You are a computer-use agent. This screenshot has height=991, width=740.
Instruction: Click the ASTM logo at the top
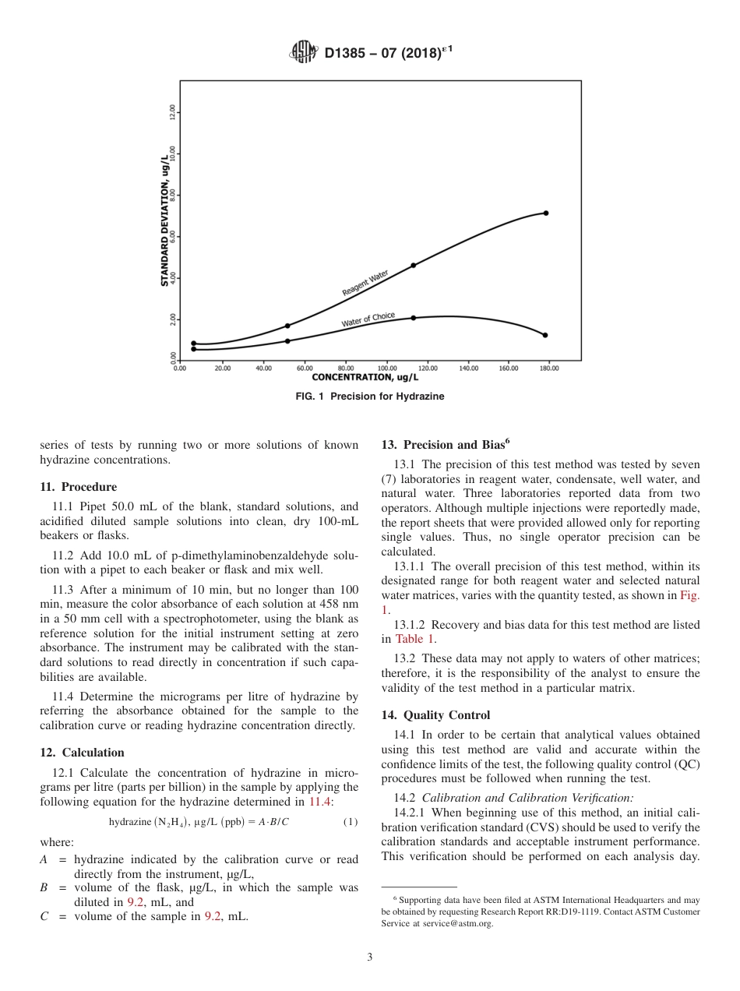pyautogui.click(x=304, y=52)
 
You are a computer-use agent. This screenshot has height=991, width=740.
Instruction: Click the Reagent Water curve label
pyautogui.click(x=365, y=284)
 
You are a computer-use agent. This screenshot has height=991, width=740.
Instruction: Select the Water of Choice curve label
pyautogui.click(x=368, y=319)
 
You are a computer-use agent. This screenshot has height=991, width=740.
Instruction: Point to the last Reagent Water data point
pyautogui.click(x=545, y=213)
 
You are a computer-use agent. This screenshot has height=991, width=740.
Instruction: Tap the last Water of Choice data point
pyautogui.click(x=545, y=335)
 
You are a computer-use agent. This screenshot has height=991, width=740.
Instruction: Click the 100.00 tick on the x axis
pyautogui.click(x=386, y=369)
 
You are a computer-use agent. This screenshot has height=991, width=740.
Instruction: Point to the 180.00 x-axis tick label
pyautogui.click(x=549, y=369)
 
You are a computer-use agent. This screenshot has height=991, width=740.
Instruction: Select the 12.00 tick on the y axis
pyautogui.click(x=173, y=113)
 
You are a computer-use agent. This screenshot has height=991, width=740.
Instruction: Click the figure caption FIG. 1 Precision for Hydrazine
pyautogui.click(x=370, y=397)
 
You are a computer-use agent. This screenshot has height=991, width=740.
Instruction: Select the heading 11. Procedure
pyautogui.click(x=78, y=487)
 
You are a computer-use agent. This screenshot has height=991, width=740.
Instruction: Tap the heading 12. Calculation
pyautogui.click(x=82, y=753)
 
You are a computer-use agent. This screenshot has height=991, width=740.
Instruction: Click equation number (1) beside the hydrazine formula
pyautogui.click(x=351, y=822)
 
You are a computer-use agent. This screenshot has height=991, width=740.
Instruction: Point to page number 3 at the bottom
pyautogui.click(x=370, y=957)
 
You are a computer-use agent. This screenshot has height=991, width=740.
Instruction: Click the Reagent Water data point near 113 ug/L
pyautogui.click(x=414, y=265)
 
